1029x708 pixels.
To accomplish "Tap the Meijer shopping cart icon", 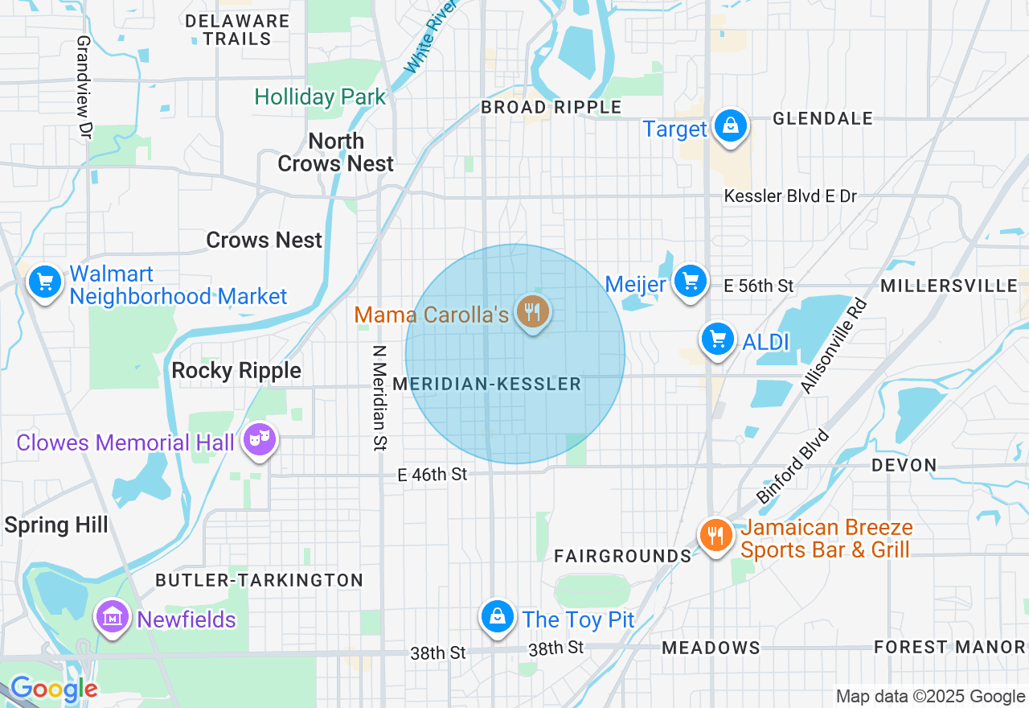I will (x=690, y=282).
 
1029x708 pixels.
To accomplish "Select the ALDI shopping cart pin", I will (x=717, y=340).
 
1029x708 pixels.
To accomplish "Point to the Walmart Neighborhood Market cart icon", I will (x=45, y=282).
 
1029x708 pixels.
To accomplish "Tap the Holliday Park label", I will (x=320, y=97).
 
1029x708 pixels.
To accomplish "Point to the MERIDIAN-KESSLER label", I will (x=486, y=384).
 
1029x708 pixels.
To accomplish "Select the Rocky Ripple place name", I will (x=236, y=370).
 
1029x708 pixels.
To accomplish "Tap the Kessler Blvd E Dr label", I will (x=790, y=196).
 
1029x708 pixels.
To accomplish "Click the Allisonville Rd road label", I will (x=835, y=346).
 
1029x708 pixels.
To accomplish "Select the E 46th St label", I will (x=433, y=475).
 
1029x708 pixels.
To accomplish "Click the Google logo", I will (x=53, y=689).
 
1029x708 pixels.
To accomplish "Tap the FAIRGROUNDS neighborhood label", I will (x=622, y=556).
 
